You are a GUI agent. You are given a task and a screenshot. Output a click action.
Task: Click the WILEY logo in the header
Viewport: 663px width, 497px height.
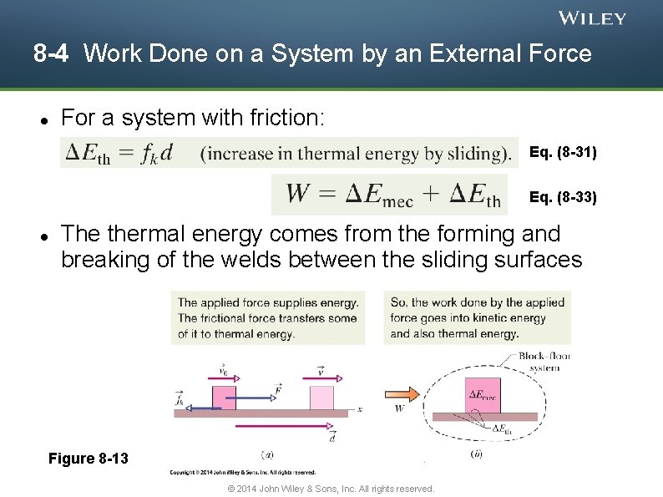tap(592, 18)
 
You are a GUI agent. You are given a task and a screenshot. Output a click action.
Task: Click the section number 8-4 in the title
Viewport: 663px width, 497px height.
tap(51, 55)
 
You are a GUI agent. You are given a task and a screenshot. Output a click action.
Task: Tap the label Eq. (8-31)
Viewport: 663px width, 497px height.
tap(563, 152)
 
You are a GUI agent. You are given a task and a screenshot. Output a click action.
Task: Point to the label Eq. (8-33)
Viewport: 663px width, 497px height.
tap(563, 198)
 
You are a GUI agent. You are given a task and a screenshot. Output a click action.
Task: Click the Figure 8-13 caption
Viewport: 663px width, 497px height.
tap(89, 458)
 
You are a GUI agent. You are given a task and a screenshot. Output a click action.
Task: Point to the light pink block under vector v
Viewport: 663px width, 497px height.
tap(321, 398)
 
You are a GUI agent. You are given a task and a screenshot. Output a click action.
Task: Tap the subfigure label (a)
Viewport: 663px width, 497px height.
tap(266, 454)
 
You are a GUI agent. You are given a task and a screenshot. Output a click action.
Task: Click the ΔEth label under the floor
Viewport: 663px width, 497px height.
tap(501, 430)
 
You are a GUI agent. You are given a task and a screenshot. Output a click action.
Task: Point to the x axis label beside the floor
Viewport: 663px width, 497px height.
tap(359, 409)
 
